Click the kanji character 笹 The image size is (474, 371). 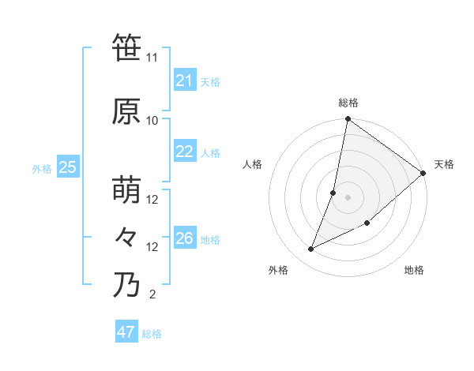click(126, 48)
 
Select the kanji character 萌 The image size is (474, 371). click(126, 190)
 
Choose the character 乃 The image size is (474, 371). click(126, 285)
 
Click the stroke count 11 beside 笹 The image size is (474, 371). click(152, 58)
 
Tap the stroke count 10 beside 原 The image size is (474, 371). click(152, 120)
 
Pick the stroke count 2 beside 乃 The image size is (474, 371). click(152, 294)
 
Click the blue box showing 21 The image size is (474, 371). click(184, 81)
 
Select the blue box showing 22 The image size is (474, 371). click(184, 152)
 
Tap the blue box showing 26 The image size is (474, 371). click(184, 238)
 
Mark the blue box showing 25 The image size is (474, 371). click(67, 167)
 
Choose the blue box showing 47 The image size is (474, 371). click(126, 332)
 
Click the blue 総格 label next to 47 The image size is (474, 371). click(152, 334)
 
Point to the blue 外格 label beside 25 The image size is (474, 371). click(42, 168)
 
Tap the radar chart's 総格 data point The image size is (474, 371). click(348, 120)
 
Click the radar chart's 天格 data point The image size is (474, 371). click(423, 174)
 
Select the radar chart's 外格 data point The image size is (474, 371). click(311, 249)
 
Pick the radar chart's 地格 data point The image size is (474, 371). click(367, 223)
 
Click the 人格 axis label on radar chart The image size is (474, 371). click(253, 164)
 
